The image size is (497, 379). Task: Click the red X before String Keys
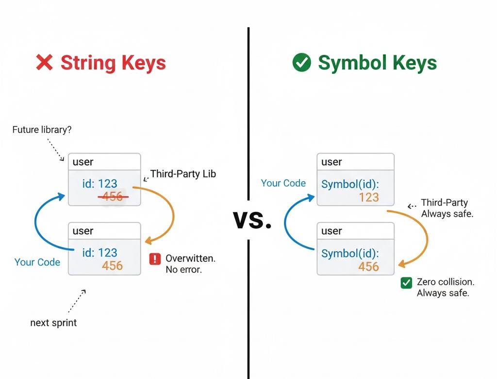pos(45,63)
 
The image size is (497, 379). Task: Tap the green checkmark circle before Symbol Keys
pos(301,63)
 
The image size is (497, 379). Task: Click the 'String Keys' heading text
pos(113,63)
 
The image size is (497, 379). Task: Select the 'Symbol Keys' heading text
pos(377,63)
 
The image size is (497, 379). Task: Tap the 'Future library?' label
pos(42,130)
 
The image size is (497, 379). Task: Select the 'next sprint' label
pos(53,322)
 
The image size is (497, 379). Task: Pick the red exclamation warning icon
pos(155,259)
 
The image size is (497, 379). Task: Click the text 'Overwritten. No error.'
pos(190,263)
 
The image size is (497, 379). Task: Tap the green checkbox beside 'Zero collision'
pos(406,283)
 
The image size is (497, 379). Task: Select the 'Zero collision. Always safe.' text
pos(445,287)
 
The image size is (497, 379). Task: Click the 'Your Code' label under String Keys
pos(37,262)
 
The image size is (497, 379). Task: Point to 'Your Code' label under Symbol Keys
pos(283,183)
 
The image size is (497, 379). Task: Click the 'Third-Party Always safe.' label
pos(447,208)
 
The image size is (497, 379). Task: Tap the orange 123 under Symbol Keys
pos(368,197)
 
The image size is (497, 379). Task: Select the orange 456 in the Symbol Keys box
pos(368,266)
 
